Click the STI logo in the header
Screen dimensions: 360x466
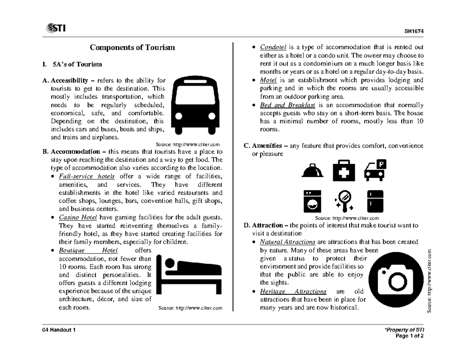coord(56,28)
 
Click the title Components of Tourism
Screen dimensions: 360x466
coord(132,48)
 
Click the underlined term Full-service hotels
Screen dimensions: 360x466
coord(87,176)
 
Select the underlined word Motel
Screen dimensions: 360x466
coord(268,80)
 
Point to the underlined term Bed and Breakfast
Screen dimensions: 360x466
coord(288,105)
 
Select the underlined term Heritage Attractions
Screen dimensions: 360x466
coord(293,291)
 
